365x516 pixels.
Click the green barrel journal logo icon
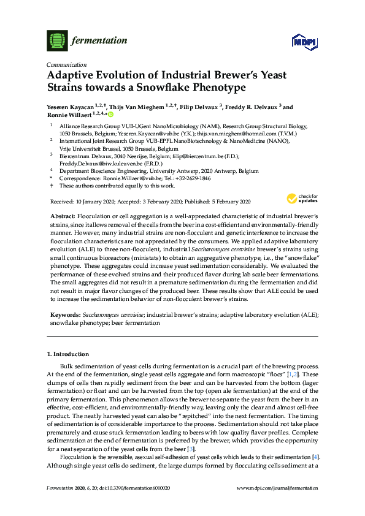pos(57,41)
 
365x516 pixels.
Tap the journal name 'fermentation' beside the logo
pos(99,41)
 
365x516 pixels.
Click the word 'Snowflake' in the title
pos(153,88)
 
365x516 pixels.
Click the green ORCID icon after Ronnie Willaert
pos(112,114)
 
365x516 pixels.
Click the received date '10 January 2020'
pos(94,201)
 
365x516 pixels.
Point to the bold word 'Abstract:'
pos(61,218)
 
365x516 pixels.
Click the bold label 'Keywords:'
pos(64,314)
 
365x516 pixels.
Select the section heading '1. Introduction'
pos(68,354)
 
